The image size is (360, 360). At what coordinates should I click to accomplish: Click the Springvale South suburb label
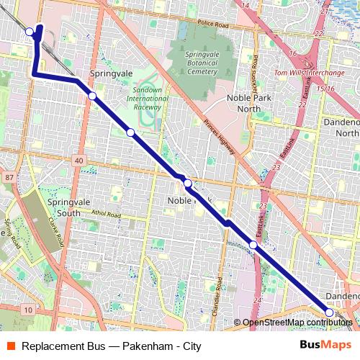59,208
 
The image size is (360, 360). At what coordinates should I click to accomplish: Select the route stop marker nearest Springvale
92,96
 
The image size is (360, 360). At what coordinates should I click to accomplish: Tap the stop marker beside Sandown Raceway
130,132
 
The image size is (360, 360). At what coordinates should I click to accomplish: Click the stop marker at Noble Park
188,184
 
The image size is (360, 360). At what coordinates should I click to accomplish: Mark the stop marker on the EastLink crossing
253,246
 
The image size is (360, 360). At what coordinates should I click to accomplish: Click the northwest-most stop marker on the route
30,32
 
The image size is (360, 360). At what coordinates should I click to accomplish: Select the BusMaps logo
325,346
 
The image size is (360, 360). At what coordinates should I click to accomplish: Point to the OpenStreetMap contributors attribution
297,323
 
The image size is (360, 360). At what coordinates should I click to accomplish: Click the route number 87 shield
8,176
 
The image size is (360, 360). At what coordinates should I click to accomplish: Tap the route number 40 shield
78,161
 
